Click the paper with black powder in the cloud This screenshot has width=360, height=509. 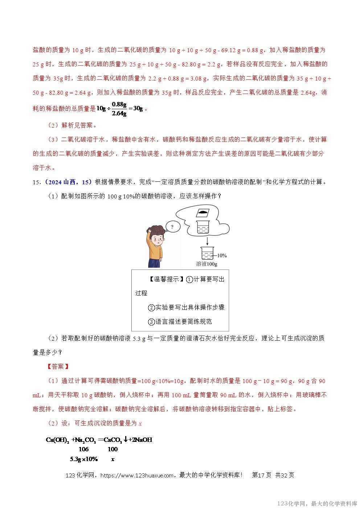[x=203, y=213]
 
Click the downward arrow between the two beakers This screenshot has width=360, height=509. [x=207, y=241]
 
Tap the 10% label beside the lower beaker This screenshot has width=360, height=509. [x=222, y=256]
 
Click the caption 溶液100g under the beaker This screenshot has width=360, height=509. [x=206, y=264]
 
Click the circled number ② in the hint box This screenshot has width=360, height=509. [x=151, y=308]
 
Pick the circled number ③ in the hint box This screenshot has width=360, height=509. [x=151, y=322]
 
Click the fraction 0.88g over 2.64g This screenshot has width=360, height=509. [x=119, y=109]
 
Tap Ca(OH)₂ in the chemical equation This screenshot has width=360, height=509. [x=57, y=440]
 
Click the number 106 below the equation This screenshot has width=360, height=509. [x=83, y=449]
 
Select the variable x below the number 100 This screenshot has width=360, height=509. [x=113, y=459]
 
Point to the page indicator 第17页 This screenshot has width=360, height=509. [x=261, y=475]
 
